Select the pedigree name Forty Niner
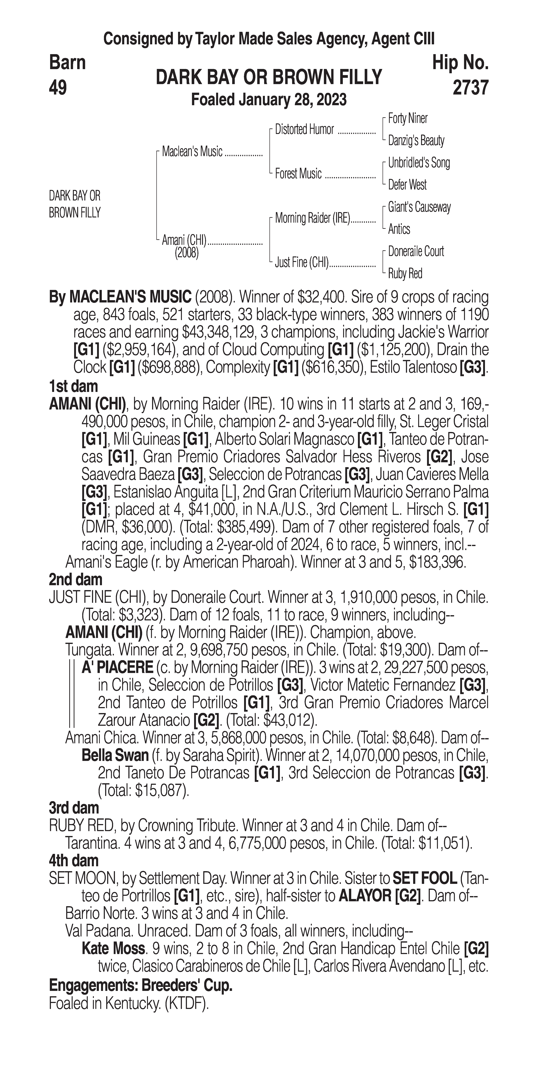[x=407, y=119]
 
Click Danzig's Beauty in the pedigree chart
[x=416, y=141]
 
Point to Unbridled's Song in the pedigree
[x=419, y=163]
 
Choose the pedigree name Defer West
[x=407, y=185]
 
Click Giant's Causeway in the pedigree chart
[x=419, y=207]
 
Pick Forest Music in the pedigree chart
[x=298, y=174]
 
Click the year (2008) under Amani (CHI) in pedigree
[x=186, y=253]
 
